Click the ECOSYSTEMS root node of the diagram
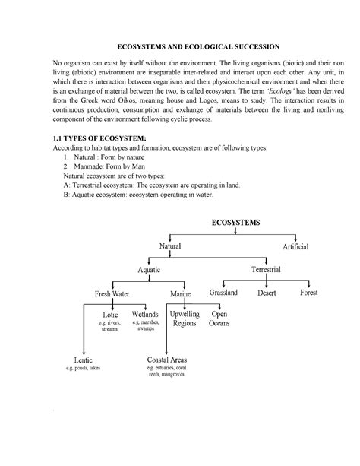click(x=235, y=222)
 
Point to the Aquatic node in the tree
click(x=149, y=270)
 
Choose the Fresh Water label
click(x=112, y=293)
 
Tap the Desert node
click(x=266, y=293)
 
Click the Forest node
click(x=308, y=293)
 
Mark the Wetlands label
click(x=145, y=314)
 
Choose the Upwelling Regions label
click(x=184, y=319)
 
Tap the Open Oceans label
click(x=219, y=319)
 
